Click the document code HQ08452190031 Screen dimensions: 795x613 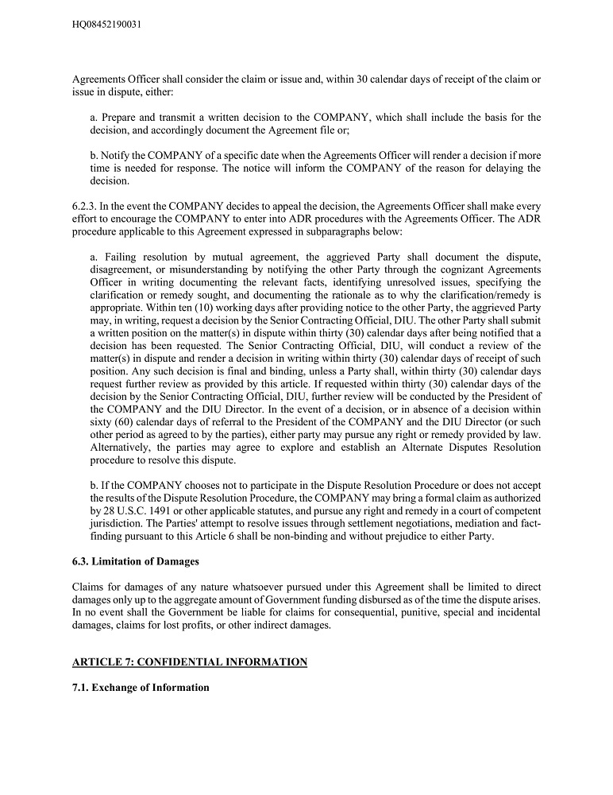click(107, 25)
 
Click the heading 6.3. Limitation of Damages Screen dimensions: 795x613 click(136, 562)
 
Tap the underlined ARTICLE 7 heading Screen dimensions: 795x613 click(189, 661)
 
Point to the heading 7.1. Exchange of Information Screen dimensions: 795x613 click(141, 687)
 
